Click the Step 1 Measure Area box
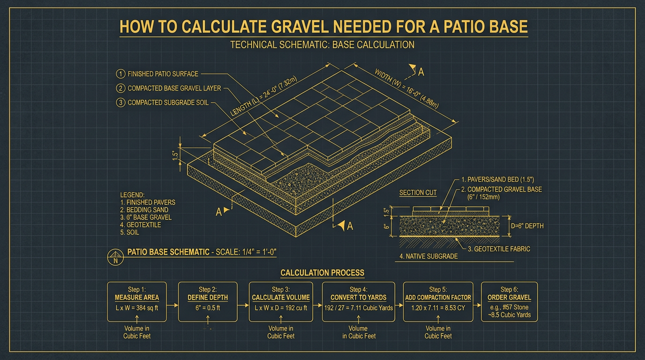[x=137, y=301]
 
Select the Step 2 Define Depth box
[x=208, y=301]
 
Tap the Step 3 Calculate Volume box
[x=281, y=301]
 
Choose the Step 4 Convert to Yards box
[x=359, y=301]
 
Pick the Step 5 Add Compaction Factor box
[x=438, y=301]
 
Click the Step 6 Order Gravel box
[x=509, y=301]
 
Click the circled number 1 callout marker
[x=120, y=74]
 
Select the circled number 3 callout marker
[x=120, y=102]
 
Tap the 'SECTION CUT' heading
[x=418, y=193]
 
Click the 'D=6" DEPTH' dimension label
[x=526, y=226]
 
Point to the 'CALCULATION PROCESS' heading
[x=322, y=273]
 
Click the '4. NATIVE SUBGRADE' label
[x=428, y=256]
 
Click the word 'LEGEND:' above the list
[x=133, y=195]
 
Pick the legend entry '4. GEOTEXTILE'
[x=141, y=225]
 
